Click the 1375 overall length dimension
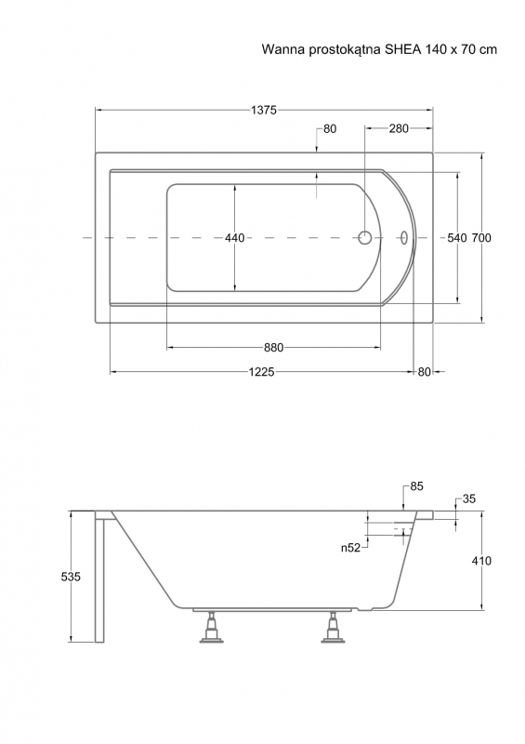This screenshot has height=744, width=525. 264,110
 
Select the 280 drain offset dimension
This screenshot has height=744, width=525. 399,128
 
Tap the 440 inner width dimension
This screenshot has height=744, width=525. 235,238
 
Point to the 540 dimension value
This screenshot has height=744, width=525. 457,238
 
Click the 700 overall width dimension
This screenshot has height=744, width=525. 481,238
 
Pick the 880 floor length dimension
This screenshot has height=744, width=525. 273,348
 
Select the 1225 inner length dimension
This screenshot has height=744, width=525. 262,372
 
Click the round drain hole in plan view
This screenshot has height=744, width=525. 364,237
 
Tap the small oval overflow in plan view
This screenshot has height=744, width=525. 404,237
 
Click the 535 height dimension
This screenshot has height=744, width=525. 71,577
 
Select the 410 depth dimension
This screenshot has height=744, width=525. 481,561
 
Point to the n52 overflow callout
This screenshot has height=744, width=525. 350,548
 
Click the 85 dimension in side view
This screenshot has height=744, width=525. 416,486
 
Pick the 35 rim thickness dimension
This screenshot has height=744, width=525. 468,498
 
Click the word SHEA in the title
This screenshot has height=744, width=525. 402,49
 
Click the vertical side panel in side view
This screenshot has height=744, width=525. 99,577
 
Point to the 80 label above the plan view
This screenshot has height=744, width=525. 330,128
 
